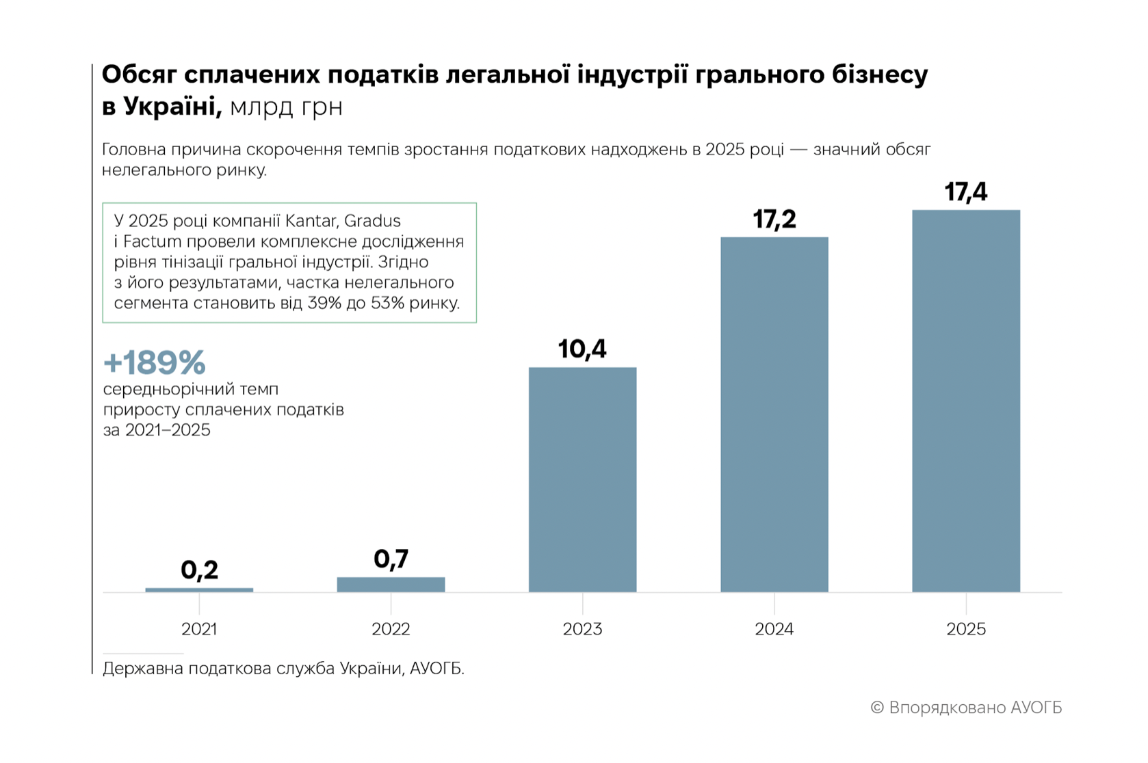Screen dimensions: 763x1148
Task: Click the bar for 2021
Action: click(x=199, y=589)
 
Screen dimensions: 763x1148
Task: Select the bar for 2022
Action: click(x=391, y=585)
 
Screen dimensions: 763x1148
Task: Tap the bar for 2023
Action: click(x=582, y=479)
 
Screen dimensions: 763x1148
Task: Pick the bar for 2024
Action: click(x=774, y=414)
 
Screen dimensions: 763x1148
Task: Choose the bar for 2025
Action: click(x=965, y=401)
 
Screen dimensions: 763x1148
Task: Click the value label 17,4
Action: click(x=965, y=192)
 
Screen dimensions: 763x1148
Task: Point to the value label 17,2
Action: click(x=774, y=219)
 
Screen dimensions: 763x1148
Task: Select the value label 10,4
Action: click(x=582, y=349)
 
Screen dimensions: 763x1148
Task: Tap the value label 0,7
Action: click(x=391, y=559)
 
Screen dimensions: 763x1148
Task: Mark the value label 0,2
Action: click(x=199, y=570)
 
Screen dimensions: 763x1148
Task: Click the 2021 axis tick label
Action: click(x=199, y=629)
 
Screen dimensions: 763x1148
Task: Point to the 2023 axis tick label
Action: click(x=582, y=629)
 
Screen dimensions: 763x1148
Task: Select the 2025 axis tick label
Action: click(x=965, y=629)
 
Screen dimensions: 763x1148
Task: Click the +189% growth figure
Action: click(x=154, y=362)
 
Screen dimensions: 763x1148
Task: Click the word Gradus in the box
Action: click(x=372, y=221)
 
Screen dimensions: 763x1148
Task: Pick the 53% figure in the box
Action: click(x=387, y=303)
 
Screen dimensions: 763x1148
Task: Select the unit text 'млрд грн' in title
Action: click(x=286, y=107)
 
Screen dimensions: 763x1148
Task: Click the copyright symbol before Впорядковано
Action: click(x=877, y=708)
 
